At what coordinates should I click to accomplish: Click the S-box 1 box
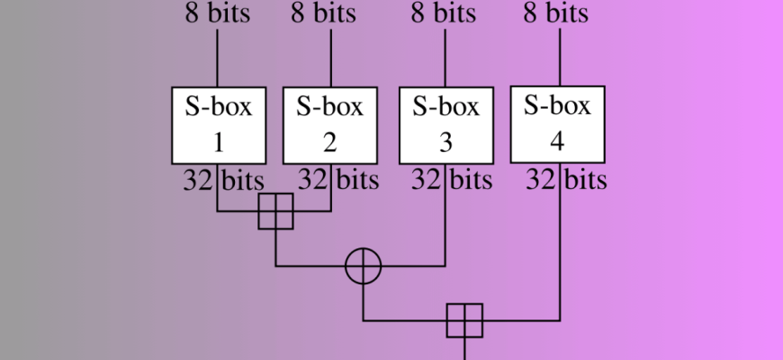point(218,125)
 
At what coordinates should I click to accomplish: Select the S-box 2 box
point(330,125)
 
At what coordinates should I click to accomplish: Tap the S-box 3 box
point(445,125)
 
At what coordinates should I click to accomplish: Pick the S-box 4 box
point(558,124)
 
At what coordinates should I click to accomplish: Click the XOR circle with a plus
point(364,266)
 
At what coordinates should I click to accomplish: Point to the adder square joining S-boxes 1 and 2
point(275,211)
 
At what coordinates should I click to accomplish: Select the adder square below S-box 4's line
point(464,320)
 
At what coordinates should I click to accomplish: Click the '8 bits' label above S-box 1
point(219,13)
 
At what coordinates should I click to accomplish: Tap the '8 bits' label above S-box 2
point(324,13)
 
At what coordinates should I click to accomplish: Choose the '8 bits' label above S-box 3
point(443,13)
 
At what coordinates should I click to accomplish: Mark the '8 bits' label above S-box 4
point(556,13)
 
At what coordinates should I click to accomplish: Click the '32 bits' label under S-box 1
point(215,179)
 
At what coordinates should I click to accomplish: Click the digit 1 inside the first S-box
point(218,142)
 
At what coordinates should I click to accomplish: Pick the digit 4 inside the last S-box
point(558,141)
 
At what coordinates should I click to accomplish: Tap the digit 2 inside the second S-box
point(330,142)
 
